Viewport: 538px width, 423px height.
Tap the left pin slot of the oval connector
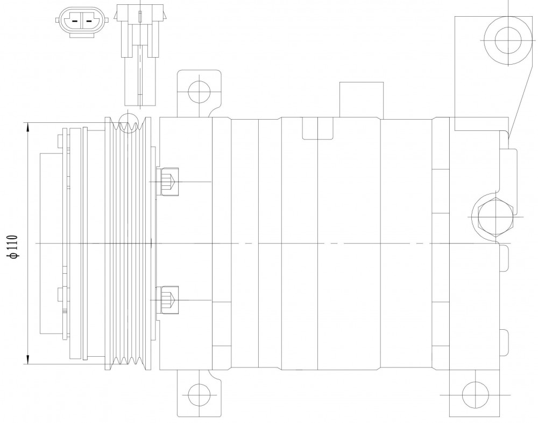click(x=75, y=20)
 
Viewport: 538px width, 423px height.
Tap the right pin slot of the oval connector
click(x=89, y=20)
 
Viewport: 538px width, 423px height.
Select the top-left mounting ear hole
click(x=200, y=92)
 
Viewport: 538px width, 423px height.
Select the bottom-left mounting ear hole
click(x=200, y=394)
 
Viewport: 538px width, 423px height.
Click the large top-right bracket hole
click(x=508, y=40)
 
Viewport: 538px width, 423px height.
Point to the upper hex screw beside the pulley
click(x=167, y=182)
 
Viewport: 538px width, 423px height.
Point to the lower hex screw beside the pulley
click(x=167, y=300)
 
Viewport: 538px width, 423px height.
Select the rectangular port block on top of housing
click(x=362, y=100)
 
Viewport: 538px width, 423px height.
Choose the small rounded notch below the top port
click(x=318, y=128)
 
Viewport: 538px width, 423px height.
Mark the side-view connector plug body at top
click(x=140, y=55)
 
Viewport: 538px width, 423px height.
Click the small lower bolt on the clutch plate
click(x=61, y=294)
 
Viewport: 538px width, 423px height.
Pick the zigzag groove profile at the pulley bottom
click(x=128, y=361)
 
